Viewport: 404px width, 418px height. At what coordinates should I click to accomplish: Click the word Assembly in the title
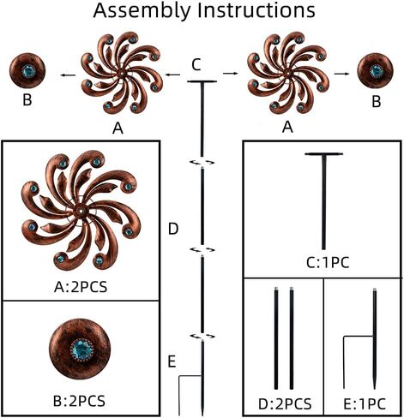tap(142, 10)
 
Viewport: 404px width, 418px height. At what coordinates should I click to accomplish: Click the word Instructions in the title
tap(256, 10)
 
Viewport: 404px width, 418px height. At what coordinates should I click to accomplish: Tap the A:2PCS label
tap(81, 287)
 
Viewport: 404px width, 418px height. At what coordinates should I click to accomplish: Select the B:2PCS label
tap(79, 401)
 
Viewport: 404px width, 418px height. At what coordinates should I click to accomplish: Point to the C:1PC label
tap(328, 263)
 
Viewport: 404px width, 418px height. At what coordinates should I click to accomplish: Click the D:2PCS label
tap(285, 404)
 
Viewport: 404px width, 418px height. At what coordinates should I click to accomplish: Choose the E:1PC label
tap(365, 404)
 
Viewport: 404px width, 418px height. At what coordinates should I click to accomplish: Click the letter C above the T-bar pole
tap(196, 65)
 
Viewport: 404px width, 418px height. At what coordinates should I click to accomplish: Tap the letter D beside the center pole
tap(173, 229)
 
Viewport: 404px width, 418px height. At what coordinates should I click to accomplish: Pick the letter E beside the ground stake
tap(172, 361)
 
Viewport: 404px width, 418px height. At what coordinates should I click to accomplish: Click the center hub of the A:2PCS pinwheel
tap(81, 212)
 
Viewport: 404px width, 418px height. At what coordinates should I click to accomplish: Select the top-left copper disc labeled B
tap(27, 70)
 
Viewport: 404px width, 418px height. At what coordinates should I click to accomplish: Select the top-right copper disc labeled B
tap(376, 70)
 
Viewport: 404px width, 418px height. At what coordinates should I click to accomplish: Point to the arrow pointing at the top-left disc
tap(68, 75)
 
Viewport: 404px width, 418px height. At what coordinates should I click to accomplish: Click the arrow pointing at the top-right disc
tap(341, 74)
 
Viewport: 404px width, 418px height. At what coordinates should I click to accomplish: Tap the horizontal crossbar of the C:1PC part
tap(324, 154)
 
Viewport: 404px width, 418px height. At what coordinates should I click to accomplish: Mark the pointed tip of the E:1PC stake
tap(374, 388)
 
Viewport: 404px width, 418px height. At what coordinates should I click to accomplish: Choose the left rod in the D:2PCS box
tap(276, 338)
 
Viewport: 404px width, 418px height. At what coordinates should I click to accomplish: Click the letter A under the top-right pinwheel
tap(287, 127)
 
